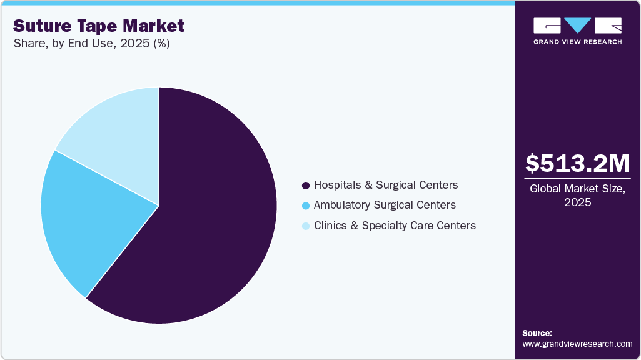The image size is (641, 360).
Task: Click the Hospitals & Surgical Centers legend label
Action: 386,185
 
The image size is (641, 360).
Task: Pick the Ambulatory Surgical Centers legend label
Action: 385,205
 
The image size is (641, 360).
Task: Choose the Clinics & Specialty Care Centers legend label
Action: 395,225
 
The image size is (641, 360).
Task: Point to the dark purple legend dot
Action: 306,186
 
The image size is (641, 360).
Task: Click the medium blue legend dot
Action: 306,206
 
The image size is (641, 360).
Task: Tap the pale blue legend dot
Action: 306,226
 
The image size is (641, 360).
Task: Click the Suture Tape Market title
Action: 99,26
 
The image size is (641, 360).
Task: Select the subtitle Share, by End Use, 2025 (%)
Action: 91,44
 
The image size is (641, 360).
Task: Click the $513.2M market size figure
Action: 577,163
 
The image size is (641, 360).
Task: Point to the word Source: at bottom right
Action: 537,333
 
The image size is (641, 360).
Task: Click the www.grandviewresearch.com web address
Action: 577,344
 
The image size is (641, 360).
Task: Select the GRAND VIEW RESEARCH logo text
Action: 577,42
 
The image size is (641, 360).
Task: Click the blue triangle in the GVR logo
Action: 578,26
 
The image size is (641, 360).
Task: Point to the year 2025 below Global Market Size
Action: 577,203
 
